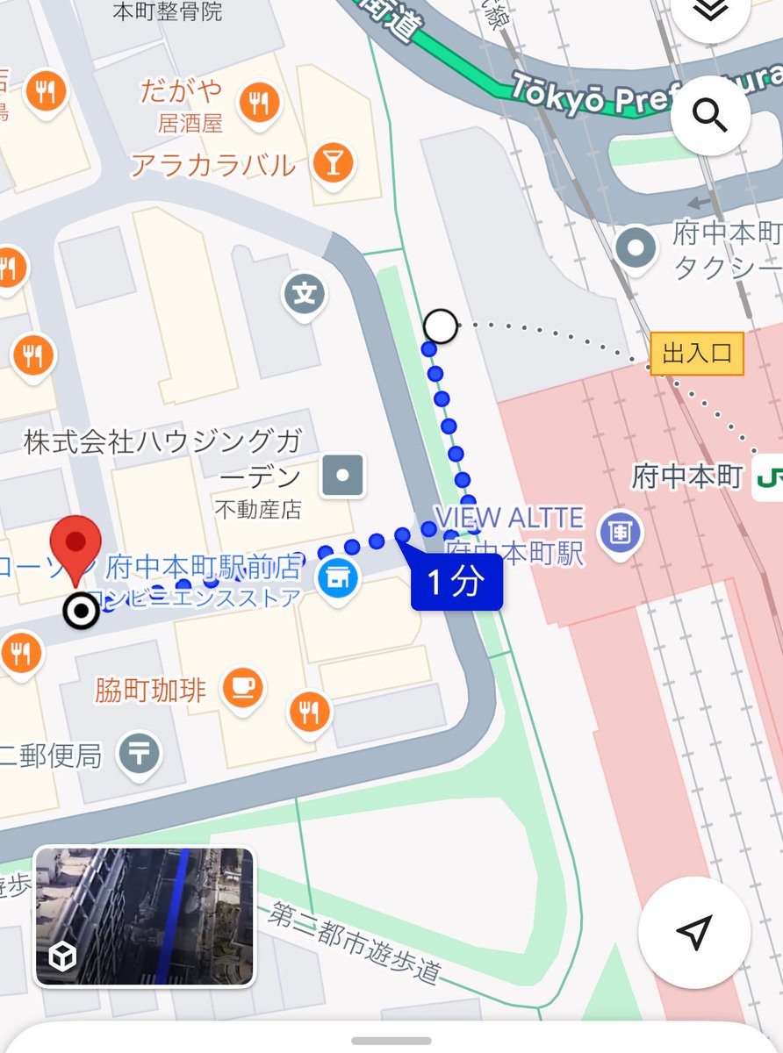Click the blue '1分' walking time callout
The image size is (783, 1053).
456,583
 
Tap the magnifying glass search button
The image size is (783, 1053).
709,115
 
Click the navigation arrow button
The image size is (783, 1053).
693,932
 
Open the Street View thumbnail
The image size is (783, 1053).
145,916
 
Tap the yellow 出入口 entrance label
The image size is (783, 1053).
697,354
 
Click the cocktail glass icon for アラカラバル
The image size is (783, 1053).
333,161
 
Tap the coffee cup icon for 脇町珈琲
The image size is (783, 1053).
241,687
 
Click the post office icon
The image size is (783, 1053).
140,752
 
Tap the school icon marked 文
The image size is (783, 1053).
305,294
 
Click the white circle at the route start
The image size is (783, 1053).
441,326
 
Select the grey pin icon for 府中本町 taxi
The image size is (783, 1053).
636,248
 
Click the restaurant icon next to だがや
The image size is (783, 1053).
258,104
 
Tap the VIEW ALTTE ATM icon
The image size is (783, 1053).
621,533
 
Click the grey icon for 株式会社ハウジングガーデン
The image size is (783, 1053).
343,475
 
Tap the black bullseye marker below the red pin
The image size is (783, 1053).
83,611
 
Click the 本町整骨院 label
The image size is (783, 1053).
168,11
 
